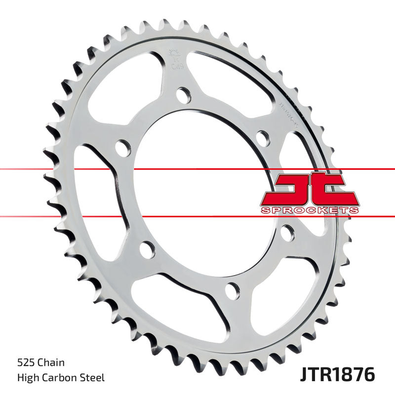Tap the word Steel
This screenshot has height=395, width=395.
pyautogui.click(x=93, y=378)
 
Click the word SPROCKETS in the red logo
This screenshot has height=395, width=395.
pyautogui.click(x=309, y=211)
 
